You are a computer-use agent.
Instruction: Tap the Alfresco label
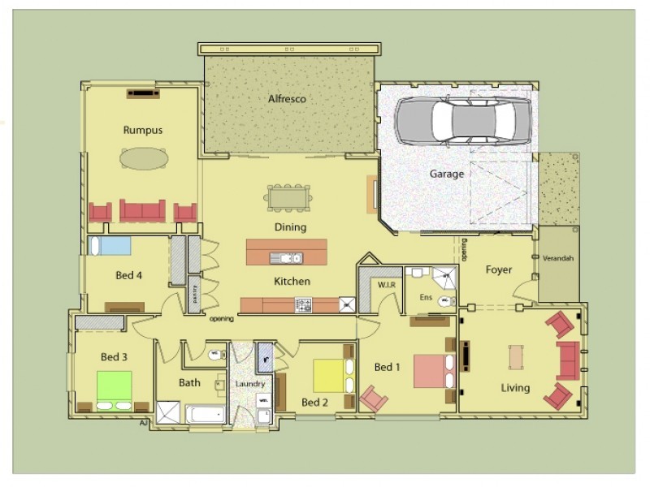pos(287,99)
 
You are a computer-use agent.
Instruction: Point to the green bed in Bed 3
pos(114,386)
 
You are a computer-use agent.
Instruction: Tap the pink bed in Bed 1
pos(431,372)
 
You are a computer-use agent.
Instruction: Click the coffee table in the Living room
pos(515,356)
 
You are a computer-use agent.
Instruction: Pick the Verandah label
pos(558,258)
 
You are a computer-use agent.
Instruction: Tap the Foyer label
pos(498,269)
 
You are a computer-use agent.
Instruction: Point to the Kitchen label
pos(291,282)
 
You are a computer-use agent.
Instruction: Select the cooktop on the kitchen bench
pos(304,305)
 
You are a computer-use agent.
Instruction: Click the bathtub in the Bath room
pos(206,414)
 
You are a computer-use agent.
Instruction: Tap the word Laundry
pos(250,383)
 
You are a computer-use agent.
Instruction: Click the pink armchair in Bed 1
pos(374,399)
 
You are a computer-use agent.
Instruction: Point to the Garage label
pos(447,174)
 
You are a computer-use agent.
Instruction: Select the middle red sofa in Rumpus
pos(142,210)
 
